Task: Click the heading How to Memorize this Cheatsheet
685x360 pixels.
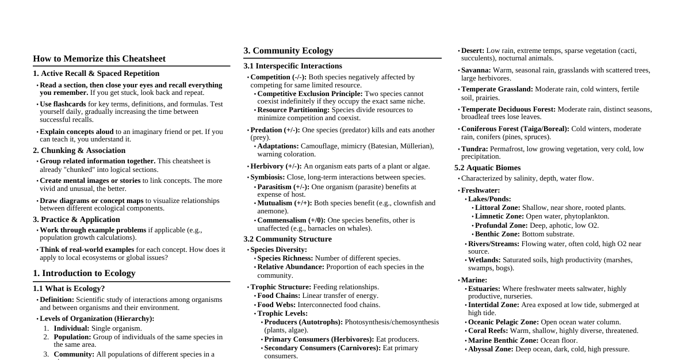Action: coord(99,59)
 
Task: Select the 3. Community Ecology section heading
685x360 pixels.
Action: coord(288,51)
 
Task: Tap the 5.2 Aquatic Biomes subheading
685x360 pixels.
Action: coord(487,168)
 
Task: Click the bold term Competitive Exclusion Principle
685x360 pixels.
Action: coord(309,94)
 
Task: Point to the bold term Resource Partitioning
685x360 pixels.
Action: coord(293,110)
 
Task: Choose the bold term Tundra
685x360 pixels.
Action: coord(474,149)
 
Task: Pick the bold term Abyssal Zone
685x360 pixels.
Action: coord(490,349)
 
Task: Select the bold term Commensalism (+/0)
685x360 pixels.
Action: coord(291,220)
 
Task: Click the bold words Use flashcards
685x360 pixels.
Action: coord(63,104)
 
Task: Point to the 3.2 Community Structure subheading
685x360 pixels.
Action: coord(288,239)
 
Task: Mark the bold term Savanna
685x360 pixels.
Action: coord(476,70)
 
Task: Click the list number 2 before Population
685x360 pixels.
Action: coord(47,337)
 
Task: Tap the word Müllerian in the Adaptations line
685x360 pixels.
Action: coord(415,146)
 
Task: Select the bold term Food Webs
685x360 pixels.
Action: coord(276,305)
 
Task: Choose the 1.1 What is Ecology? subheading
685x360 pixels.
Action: coord(69,289)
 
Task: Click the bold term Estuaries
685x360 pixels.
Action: coord(484,289)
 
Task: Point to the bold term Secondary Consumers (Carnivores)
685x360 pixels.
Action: coord(322,348)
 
